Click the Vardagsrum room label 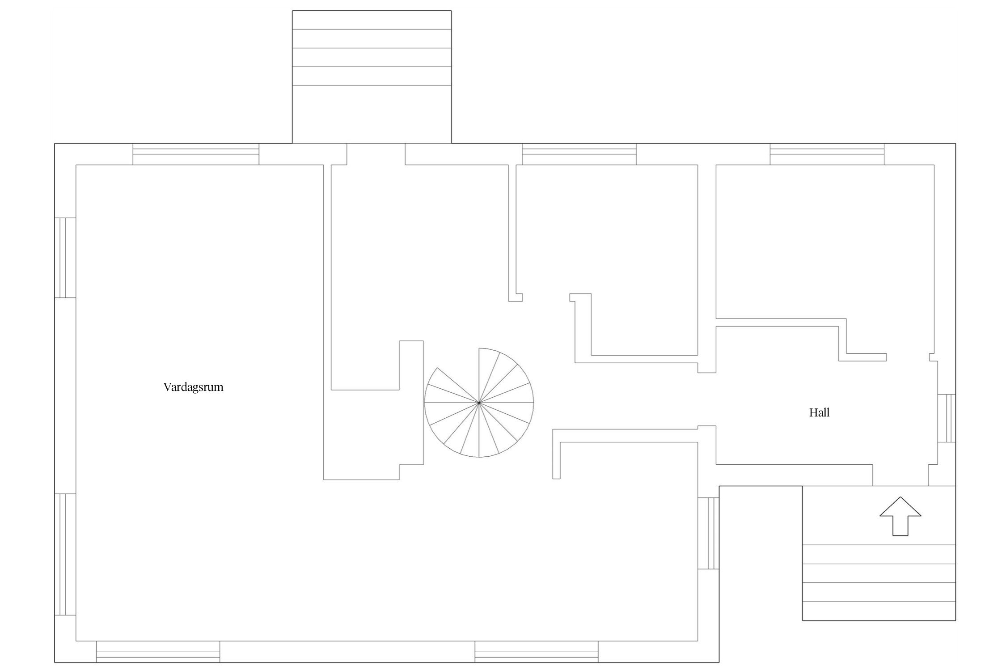(x=193, y=387)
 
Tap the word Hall (x=819, y=412)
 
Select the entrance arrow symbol (x=900, y=516)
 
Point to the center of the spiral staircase (x=479, y=403)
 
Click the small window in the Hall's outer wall (x=947, y=418)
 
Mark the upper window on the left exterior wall (x=65, y=258)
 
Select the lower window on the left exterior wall (x=65, y=555)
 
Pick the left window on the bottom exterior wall (x=158, y=651)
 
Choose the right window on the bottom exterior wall (x=537, y=651)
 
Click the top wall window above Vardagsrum (x=196, y=154)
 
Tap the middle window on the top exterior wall (x=579, y=154)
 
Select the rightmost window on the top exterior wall (x=827, y=154)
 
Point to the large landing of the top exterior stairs (x=372, y=114)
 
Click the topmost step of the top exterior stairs (x=372, y=20)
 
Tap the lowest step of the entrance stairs (x=879, y=612)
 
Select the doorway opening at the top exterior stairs (x=376, y=154)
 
